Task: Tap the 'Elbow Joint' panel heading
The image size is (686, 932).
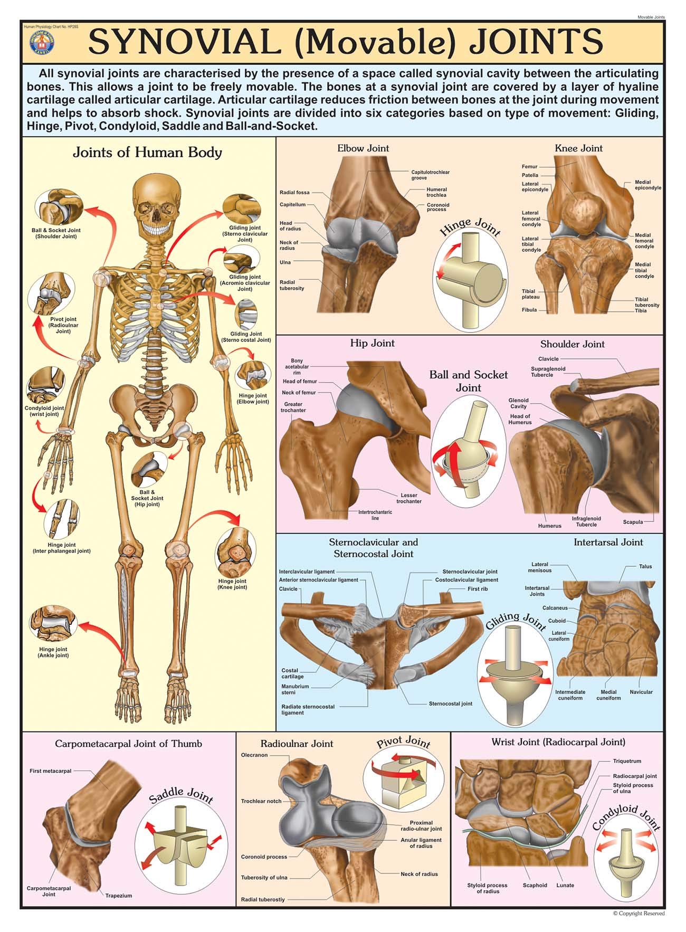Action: tap(363, 148)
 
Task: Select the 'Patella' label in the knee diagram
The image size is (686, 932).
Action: tap(530, 175)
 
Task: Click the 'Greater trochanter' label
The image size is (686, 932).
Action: tap(293, 407)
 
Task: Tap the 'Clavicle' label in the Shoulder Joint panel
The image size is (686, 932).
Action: tap(548, 359)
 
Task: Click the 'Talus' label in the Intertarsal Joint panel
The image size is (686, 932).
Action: tap(645, 566)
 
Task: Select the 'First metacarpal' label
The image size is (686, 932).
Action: tap(50, 771)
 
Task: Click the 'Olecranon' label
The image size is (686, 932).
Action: tap(254, 755)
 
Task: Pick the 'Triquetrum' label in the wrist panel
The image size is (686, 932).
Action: tap(627, 761)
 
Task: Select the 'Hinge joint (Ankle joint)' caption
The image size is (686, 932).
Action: tap(54, 652)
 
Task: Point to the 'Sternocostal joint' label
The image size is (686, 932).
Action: tap(450, 703)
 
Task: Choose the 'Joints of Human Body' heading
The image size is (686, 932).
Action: tap(147, 153)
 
